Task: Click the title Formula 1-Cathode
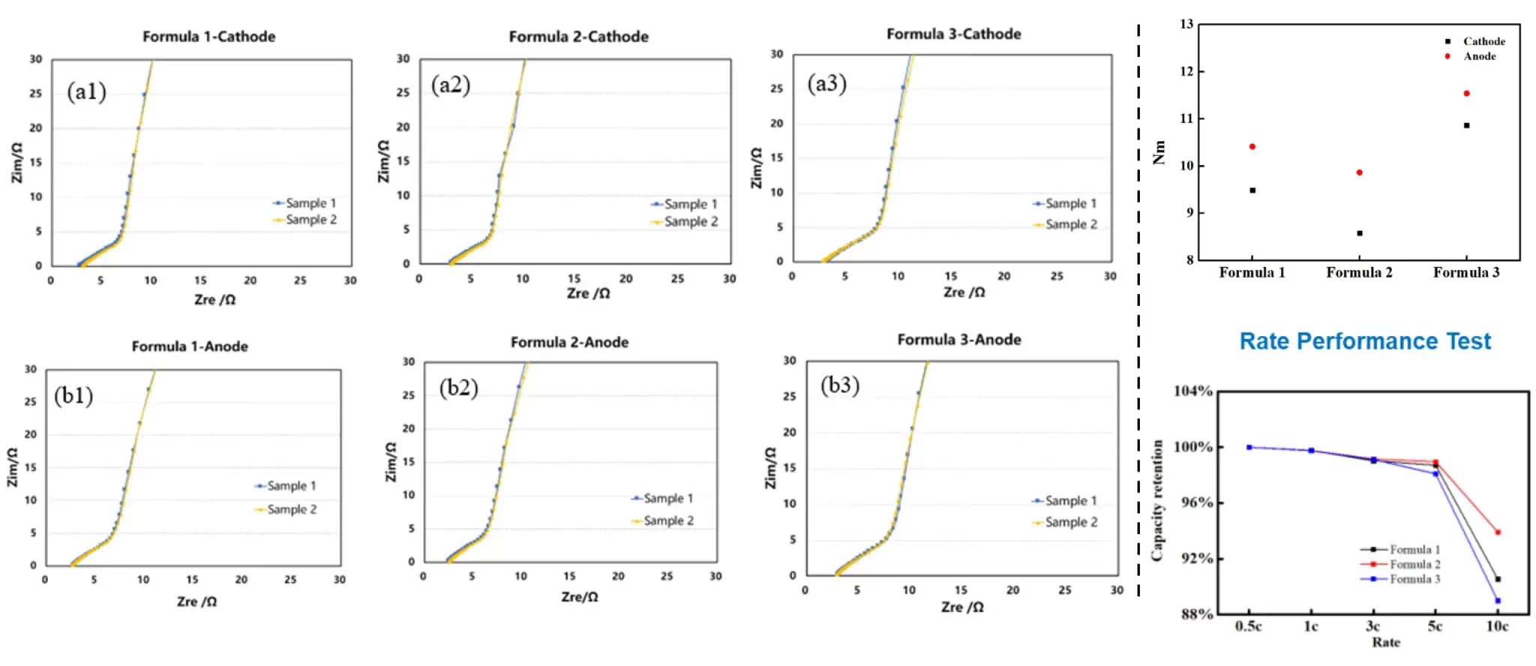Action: pos(208,37)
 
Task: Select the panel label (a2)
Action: pos(450,85)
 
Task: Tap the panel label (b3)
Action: pos(839,385)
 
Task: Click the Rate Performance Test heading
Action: pos(1365,341)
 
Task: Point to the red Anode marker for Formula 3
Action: pos(1466,94)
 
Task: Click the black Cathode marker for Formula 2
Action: pos(1360,233)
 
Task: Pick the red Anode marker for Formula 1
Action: pos(1252,146)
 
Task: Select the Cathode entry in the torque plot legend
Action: pos(1483,41)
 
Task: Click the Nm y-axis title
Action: pos(1159,152)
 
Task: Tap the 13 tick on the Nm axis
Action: pos(1186,24)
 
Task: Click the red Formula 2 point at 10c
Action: pos(1498,532)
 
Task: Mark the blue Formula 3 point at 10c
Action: pos(1498,601)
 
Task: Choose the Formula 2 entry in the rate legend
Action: pos(1414,564)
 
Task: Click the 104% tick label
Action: pos(1192,391)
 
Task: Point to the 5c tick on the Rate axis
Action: pos(1435,626)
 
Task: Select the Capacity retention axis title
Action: pos(1158,500)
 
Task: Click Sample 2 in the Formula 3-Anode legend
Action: pos(1071,522)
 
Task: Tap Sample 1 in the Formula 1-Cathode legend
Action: pos(310,203)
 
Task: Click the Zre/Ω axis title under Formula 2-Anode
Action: pos(580,597)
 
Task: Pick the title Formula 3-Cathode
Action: pos(953,34)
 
